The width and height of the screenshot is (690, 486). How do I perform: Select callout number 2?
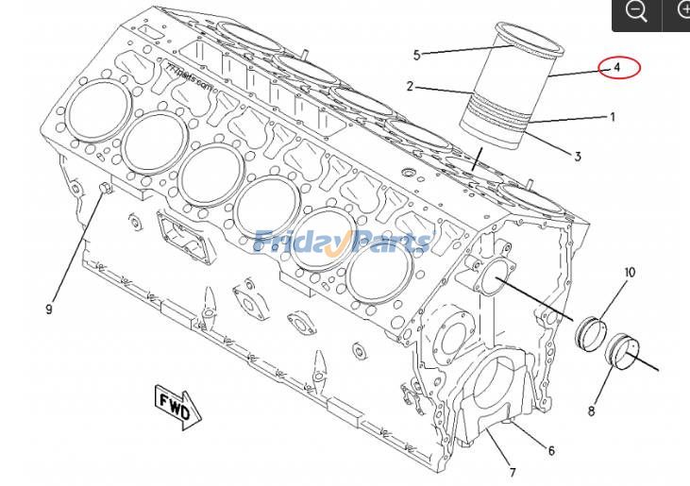[411, 87]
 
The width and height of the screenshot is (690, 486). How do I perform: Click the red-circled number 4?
[617, 68]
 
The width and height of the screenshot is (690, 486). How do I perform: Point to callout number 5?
[416, 54]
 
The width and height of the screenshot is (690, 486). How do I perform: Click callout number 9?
[49, 309]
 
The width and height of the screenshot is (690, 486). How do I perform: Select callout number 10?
[630, 274]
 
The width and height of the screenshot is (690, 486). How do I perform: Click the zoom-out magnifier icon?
[636, 12]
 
